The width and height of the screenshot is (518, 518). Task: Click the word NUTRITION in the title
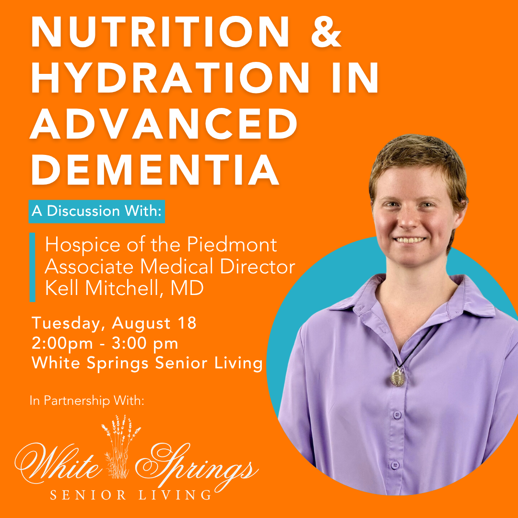(x=160, y=32)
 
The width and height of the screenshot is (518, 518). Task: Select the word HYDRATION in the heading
(x=170, y=78)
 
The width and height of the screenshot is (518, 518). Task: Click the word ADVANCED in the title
(x=164, y=124)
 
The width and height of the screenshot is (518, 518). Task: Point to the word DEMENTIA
(x=155, y=169)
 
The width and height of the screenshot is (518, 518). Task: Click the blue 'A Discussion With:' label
(x=97, y=212)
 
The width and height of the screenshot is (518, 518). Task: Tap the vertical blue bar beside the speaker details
(x=33, y=267)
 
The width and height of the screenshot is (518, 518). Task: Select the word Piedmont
(x=232, y=245)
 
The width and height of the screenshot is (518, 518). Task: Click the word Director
(x=258, y=266)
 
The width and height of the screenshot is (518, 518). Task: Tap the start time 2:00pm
(x=62, y=343)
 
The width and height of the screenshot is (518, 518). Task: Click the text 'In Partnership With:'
(x=87, y=400)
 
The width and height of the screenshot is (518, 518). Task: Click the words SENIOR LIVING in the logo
(x=130, y=495)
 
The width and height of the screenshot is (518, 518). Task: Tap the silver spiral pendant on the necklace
(x=397, y=377)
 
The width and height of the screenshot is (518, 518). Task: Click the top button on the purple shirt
(x=397, y=414)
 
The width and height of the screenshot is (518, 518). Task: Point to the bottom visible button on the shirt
(x=395, y=465)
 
